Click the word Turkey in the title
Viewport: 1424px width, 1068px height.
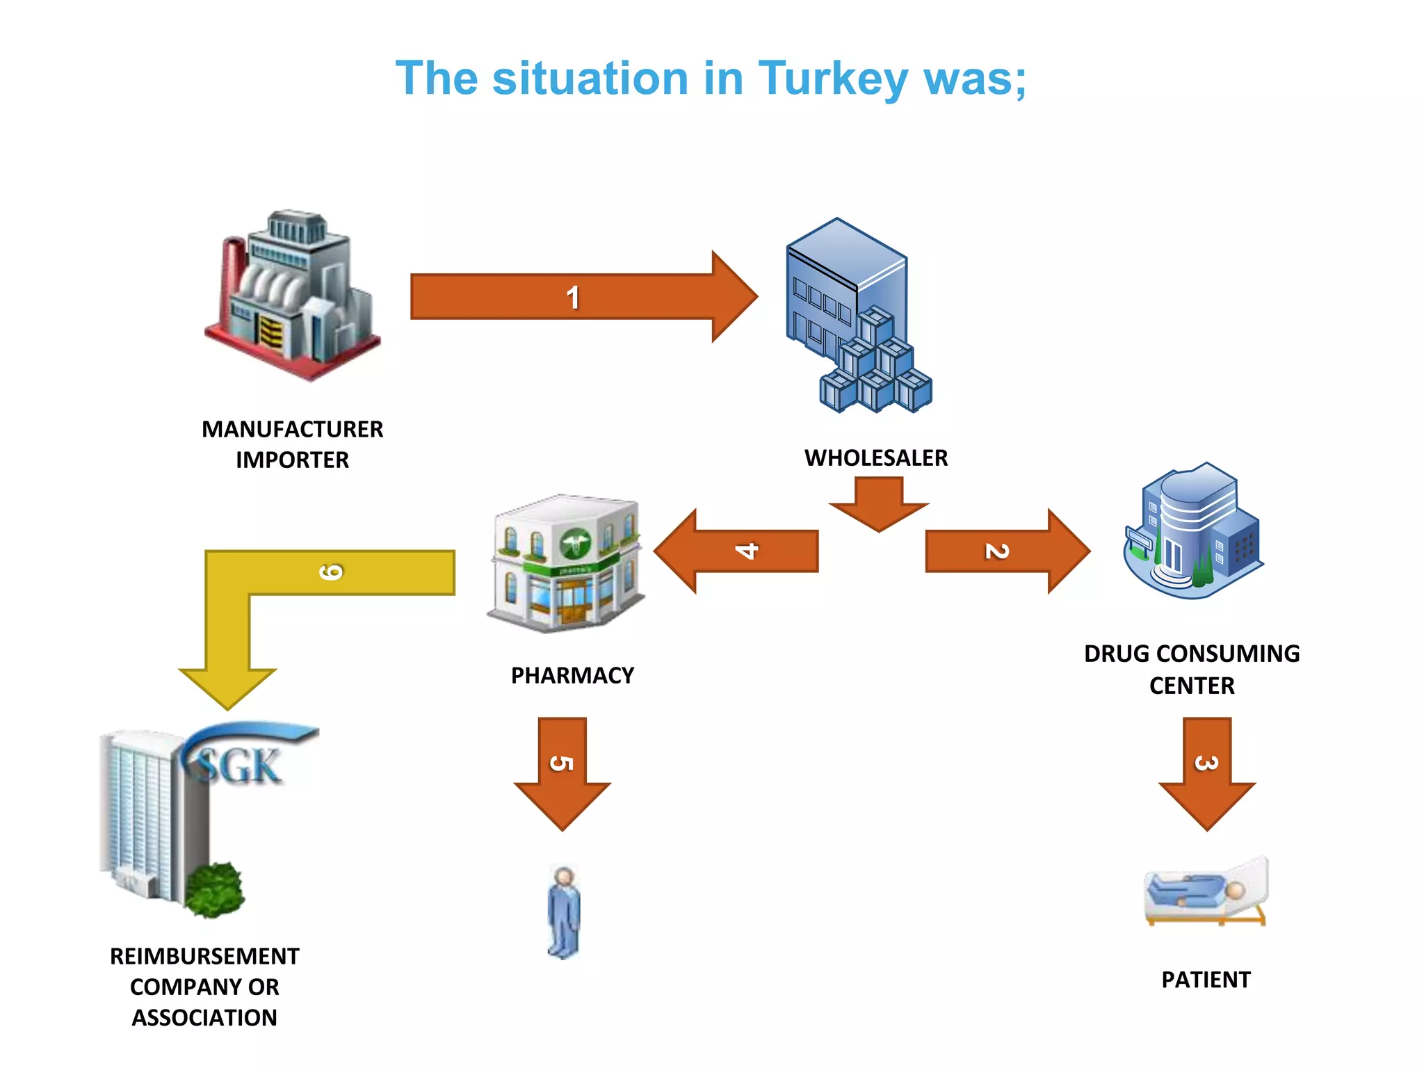click(832, 79)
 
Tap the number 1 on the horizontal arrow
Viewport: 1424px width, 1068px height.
click(572, 298)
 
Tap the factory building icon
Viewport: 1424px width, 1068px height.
click(292, 296)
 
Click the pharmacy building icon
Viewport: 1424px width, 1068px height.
click(565, 563)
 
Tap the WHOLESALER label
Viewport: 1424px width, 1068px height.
click(876, 458)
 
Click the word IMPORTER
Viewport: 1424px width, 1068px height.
click(292, 460)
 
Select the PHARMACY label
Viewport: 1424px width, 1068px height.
click(572, 676)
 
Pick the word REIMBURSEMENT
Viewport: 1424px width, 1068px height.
click(204, 957)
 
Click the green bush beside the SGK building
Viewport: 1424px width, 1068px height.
click(214, 890)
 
